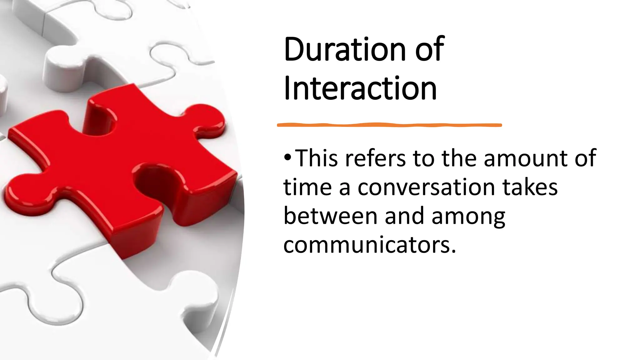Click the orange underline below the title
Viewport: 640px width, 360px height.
click(x=389, y=125)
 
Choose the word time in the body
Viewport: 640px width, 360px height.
click(x=307, y=187)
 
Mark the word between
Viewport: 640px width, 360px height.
click(x=330, y=216)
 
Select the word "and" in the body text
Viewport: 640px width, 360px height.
click(x=404, y=216)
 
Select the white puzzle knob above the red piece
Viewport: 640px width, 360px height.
click(x=64, y=67)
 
